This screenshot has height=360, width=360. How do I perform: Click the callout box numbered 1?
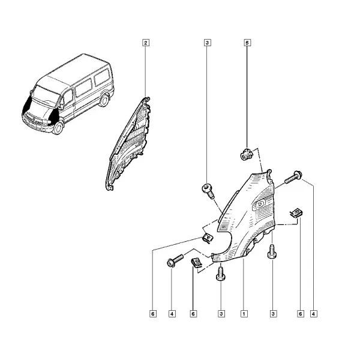click(x=244, y=314)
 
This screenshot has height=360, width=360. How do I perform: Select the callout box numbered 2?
click(x=146, y=43)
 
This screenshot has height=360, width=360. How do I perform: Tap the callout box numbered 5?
click(x=247, y=43)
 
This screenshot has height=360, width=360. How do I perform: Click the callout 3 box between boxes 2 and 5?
click(x=208, y=43)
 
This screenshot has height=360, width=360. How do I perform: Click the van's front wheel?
click(x=58, y=128)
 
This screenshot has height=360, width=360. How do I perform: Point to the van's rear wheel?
click(x=104, y=100)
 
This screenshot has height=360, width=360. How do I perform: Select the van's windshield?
click(x=45, y=97)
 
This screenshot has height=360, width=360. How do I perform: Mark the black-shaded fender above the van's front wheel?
click(x=53, y=116)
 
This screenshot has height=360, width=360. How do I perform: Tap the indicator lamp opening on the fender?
click(x=259, y=204)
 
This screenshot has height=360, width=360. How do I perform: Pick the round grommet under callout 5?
click(x=247, y=155)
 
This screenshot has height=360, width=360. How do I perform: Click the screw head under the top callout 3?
click(x=208, y=191)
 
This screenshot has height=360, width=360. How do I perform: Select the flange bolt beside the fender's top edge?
click(x=293, y=177)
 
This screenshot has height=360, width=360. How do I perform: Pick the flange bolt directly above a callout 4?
click(x=175, y=260)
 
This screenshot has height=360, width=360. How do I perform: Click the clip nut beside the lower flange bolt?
click(x=196, y=263)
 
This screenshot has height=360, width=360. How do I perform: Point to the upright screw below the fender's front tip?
click(x=221, y=274)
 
